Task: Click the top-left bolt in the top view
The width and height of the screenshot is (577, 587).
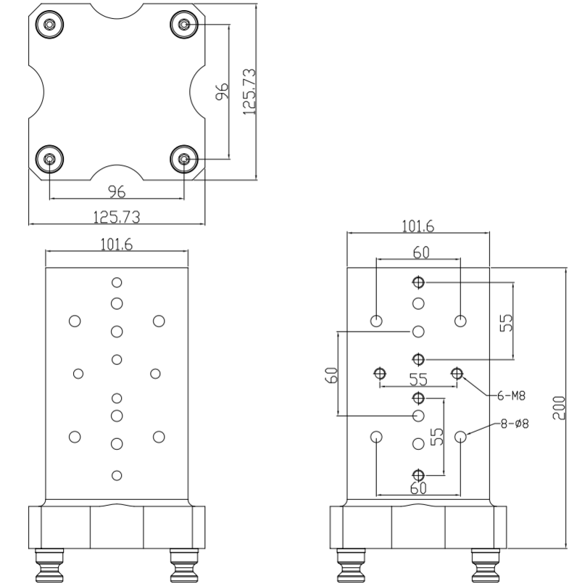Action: click(x=49, y=25)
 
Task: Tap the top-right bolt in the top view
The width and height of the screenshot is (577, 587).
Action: click(x=185, y=25)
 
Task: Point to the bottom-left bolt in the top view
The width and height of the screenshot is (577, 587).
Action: click(x=49, y=158)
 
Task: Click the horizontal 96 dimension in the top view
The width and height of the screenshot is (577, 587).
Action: click(x=117, y=192)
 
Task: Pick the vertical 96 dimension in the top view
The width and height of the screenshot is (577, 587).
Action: click(x=223, y=91)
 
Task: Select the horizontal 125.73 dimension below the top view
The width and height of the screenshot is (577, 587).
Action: click(x=116, y=216)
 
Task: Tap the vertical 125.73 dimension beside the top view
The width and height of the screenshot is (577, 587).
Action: click(x=249, y=92)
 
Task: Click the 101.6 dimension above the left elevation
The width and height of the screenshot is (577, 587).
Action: click(x=116, y=245)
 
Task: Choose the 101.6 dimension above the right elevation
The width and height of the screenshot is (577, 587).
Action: click(x=418, y=226)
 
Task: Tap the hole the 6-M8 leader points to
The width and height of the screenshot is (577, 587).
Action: click(x=457, y=374)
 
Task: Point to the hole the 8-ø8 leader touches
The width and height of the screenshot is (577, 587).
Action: click(x=461, y=437)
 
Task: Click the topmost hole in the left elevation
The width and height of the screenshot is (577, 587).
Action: click(x=116, y=282)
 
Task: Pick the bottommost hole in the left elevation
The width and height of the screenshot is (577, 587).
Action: click(x=116, y=475)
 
